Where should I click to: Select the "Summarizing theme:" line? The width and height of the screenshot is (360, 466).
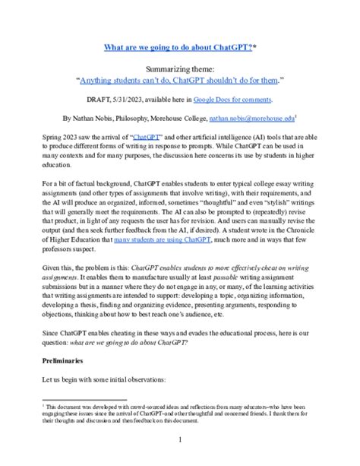pyautogui.click(x=180, y=67)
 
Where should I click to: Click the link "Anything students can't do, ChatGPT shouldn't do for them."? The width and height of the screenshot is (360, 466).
pyautogui.click(x=180, y=79)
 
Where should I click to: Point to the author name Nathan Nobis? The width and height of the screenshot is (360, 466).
pyautogui.click(x=98, y=119)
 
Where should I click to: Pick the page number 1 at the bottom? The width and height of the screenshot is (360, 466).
pyautogui.click(x=180, y=439)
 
